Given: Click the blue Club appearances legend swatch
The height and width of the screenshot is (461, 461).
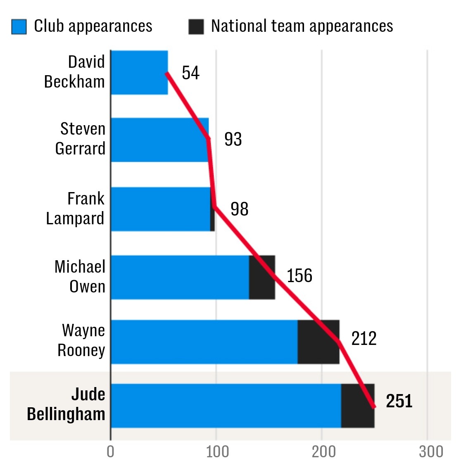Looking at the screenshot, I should click(x=19, y=27).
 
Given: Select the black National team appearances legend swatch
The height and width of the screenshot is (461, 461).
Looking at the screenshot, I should click(x=196, y=27).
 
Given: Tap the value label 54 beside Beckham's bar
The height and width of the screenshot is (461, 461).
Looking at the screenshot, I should click(x=190, y=73).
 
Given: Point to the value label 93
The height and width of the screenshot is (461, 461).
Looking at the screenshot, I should click(x=233, y=140).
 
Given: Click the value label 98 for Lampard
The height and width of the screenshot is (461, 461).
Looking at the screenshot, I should click(x=239, y=209).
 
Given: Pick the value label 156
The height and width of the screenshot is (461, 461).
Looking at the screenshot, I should click(x=299, y=276).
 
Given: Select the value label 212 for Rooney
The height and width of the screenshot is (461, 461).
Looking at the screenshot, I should click(x=364, y=339).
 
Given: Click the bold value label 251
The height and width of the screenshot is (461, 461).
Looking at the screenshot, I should click(x=399, y=401).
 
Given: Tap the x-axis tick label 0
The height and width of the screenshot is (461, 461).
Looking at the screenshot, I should click(x=110, y=451).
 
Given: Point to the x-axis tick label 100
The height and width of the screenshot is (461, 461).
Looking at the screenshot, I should click(x=216, y=451).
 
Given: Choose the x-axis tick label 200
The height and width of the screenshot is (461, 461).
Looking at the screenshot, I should click(x=322, y=451).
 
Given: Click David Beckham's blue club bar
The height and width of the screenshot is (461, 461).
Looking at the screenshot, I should click(x=139, y=73).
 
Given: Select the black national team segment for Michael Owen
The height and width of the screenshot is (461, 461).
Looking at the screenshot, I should click(x=262, y=277).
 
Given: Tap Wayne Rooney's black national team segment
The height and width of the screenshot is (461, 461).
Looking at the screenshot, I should click(x=318, y=342).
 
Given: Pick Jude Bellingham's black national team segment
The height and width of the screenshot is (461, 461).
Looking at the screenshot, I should click(x=358, y=406).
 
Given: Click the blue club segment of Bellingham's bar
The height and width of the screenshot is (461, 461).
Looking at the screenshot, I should click(x=226, y=406).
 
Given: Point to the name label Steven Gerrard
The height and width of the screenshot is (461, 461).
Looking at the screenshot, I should click(x=81, y=139).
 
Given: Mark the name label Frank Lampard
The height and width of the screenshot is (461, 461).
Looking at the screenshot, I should click(x=76, y=209).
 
